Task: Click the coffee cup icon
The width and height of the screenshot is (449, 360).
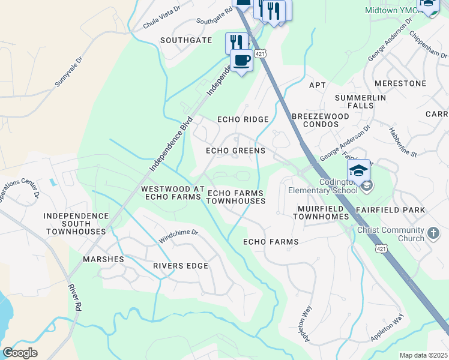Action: (241, 61)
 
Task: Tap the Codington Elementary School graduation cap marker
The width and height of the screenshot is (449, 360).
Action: (358, 170)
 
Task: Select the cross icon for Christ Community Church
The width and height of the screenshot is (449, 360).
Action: (434, 233)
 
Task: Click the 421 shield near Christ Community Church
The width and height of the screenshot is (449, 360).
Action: (382, 247)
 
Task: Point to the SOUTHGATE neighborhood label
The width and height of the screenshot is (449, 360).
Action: (186, 40)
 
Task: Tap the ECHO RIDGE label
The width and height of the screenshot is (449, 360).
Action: (243, 119)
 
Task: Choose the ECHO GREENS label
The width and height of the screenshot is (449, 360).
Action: (235, 151)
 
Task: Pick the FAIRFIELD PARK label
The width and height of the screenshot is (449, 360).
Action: (390, 209)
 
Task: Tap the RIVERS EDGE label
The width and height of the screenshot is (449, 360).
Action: (180, 266)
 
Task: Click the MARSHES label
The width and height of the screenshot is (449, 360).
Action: (104, 259)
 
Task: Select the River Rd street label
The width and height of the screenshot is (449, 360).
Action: (74, 297)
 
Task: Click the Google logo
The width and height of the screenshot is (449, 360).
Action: (20, 353)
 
